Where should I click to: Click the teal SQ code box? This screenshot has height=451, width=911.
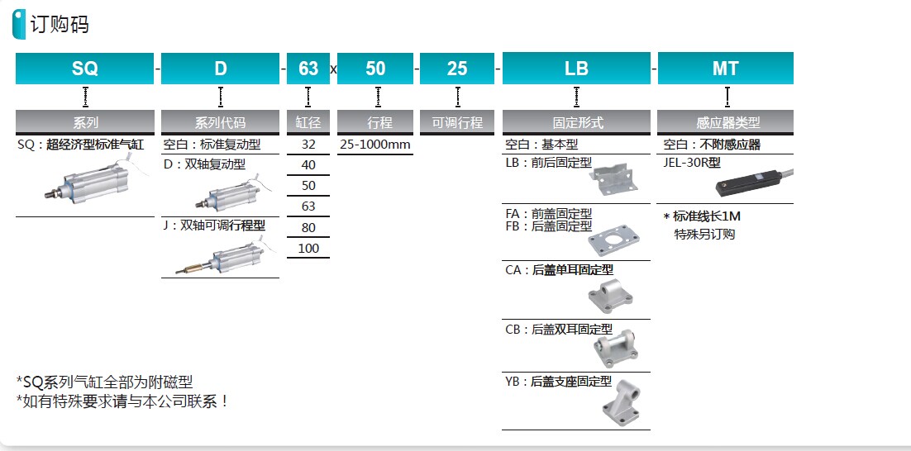coord(85,69)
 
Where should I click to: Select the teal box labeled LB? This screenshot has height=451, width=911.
coord(576,69)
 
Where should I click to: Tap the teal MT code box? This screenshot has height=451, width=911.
coord(725,69)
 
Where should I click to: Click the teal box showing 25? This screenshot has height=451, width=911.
coord(456,69)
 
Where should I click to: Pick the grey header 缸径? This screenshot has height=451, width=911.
coord(308,122)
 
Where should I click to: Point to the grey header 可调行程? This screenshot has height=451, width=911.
coord(456,122)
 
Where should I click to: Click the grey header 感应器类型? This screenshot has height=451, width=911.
coord(725,122)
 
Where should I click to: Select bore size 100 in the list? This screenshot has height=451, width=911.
coord(308,249)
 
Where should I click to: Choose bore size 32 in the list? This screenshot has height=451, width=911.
coord(308,145)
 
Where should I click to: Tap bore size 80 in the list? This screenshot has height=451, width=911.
coord(308,227)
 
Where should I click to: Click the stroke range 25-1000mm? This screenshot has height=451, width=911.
coord(374,145)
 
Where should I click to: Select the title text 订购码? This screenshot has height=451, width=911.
coord(60,25)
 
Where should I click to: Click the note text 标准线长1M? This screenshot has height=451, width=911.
coord(707,216)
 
